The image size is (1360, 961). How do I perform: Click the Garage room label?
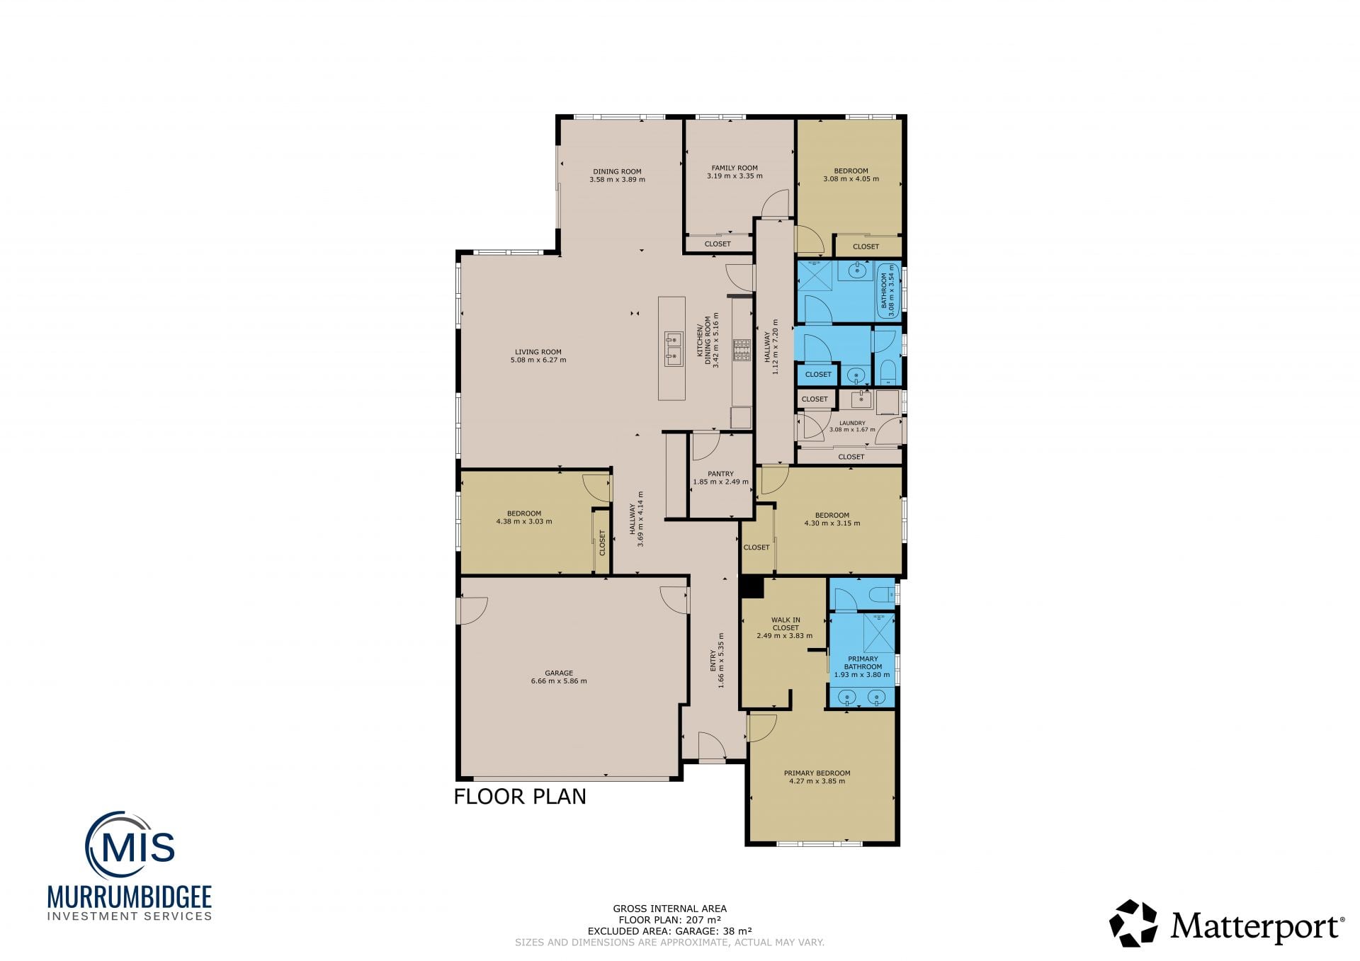click(x=559, y=673)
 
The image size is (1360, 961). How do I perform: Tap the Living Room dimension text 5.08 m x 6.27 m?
click(x=538, y=360)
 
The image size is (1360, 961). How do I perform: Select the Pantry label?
click(x=720, y=474)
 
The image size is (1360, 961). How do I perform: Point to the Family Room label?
click(x=735, y=168)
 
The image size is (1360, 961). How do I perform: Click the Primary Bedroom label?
click(x=817, y=773)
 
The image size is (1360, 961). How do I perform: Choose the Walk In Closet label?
click(x=786, y=624)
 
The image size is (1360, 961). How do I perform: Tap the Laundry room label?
click(x=852, y=423)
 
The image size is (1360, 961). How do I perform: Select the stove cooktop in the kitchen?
click(x=742, y=350)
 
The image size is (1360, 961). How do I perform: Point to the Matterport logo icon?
click(x=1133, y=923)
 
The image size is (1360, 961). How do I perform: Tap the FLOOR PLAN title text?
click(x=520, y=797)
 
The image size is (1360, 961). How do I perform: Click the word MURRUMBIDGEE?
click(x=130, y=897)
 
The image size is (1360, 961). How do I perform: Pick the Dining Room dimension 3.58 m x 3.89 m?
click(x=617, y=180)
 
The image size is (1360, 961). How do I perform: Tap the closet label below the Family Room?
click(x=718, y=244)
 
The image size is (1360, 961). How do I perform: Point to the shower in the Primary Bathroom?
click(x=879, y=632)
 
